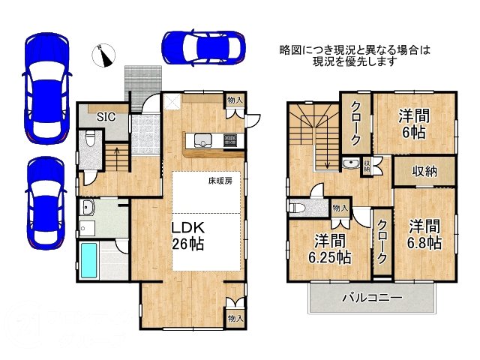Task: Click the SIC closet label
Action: (x=106, y=116)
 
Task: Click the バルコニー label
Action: (x=372, y=298)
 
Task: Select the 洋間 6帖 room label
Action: (x=413, y=122)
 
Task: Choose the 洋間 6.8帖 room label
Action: (x=424, y=233)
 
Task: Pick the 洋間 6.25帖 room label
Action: (x=329, y=249)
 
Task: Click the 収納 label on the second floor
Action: (x=424, y=171)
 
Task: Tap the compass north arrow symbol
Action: (x=104, y=54)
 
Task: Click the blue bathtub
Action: (x=91, y=260)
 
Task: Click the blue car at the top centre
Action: (x=201, y=47)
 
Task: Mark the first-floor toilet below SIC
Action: (x=90, y=140)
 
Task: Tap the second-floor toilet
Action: (x=297, y=207)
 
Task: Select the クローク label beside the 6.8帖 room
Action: (x=382, y=241)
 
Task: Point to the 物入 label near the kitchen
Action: (x=234, y=100)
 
